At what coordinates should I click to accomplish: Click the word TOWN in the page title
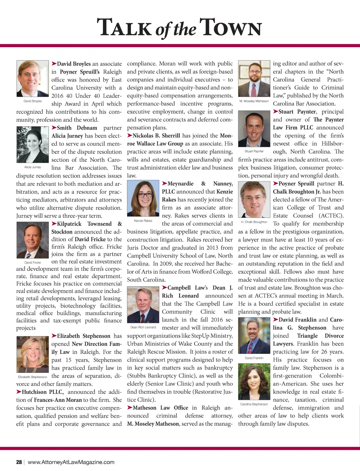click(231, 27)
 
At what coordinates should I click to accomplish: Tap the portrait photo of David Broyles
click(32, 79)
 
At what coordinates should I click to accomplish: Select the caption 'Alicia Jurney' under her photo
click(32, 167)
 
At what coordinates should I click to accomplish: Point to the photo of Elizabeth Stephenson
click(32, 355)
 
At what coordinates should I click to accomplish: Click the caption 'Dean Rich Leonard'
click(143, 327)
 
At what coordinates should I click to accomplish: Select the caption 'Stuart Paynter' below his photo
click(254, 151)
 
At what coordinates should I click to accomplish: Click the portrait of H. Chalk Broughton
click(254, 199)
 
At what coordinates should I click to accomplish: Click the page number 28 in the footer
click(19, 462)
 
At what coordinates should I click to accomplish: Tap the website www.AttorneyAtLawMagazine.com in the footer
click(71, 462)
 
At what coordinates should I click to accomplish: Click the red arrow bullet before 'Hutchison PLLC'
click(19, 392)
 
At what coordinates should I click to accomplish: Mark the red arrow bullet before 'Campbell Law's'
click(165, 287)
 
